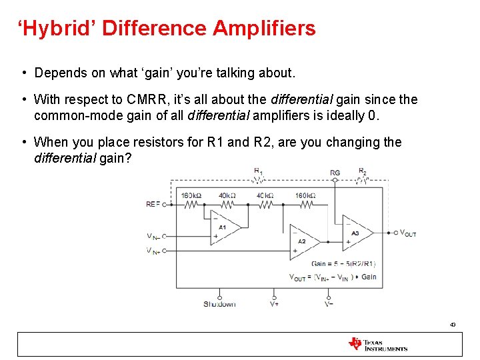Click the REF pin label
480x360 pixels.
pyautogui.click(x=153, y=204)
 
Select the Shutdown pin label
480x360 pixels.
pyautogui.click(x=219, y=304)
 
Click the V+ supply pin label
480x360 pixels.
pyautogui.click(x=274, y=304)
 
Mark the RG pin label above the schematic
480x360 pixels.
pyautogui.click(x=335, y=173)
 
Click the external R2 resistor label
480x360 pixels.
pyautogui.click(x=363, y=171)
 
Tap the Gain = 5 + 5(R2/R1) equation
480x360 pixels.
pyautogui.click(x=343, y=263)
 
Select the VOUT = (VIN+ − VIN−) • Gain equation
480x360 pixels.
pyautogui.click(x=333, y=277)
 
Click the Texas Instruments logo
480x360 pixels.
pyautogui.click(x=377, y=344)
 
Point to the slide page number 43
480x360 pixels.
pyautogui.click(x=452, y=325)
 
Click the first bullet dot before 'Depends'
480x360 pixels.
pyautogui.click(x=23, y=73)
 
